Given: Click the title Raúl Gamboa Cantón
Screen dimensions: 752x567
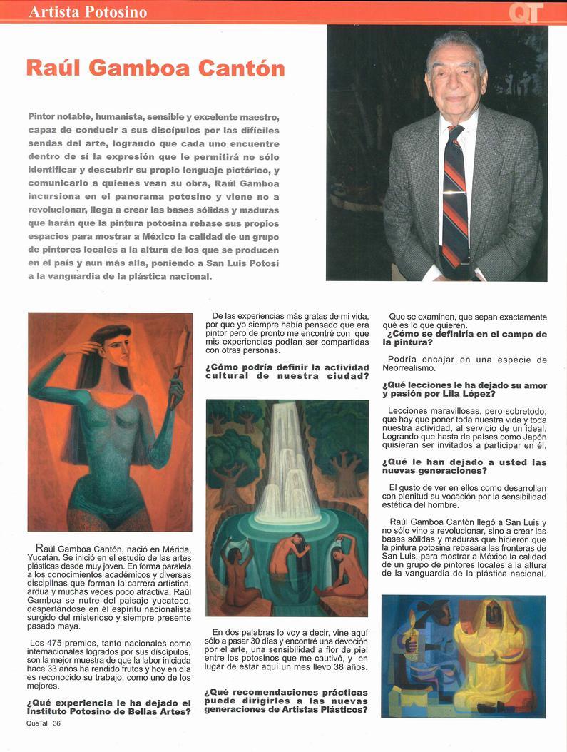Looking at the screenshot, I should click(x=155, y=68).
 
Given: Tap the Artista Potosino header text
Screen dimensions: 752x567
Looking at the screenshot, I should click(x=88, y=12).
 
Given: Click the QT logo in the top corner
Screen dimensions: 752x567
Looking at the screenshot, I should click(x=527, y=12).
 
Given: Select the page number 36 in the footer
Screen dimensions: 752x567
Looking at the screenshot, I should click(x=56, y=723).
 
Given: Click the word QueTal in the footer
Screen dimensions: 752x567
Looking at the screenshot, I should click(x=34, y=723).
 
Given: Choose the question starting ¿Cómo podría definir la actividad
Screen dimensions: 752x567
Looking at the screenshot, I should click(x=287, y=372).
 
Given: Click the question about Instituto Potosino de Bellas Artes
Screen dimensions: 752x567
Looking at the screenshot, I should click(x=110, y=707).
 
